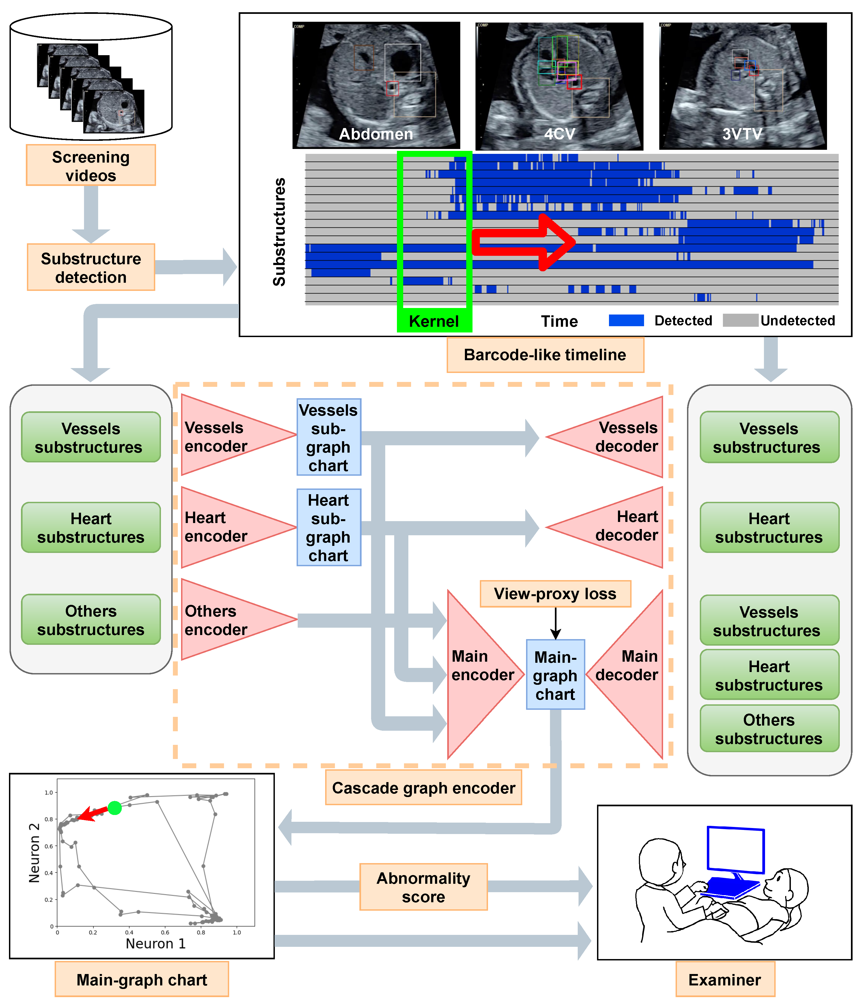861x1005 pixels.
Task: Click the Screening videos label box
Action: click(x=91, y=165)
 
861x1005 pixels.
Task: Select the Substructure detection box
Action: click(x=91, y=267)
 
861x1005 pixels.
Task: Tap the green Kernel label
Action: click(x=434, y=321)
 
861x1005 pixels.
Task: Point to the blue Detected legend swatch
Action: click(x=626, y=320)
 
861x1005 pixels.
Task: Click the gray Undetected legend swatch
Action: click(x=740, y=320)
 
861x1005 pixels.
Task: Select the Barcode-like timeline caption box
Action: click(x=545, y=354)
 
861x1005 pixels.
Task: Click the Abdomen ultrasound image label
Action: click(x=376, y=134)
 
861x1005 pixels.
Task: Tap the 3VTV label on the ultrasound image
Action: click(x=742, y=134)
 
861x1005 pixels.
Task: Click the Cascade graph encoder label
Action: click(x=424, y=788)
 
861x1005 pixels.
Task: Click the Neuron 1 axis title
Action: click(x=155, y=943)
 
